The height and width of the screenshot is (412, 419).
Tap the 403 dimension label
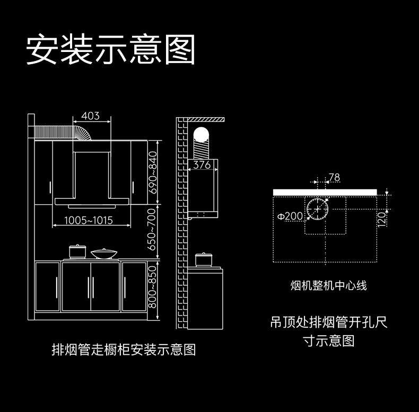[91, 116]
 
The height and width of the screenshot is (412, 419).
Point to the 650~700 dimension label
[152, 230]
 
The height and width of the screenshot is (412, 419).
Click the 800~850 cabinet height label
[152, 288]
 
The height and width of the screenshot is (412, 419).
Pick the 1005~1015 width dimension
[89, 220]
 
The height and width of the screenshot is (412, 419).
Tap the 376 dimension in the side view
[202, 165]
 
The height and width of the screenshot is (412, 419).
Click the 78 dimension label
[334, 178]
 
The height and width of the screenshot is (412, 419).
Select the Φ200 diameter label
[290, 216]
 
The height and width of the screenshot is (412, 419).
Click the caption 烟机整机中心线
[329, 286]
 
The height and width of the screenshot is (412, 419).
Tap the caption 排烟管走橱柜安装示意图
[124, 349]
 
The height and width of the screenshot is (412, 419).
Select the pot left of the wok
[77, 251]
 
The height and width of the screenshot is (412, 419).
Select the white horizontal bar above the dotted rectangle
[324, 192]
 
